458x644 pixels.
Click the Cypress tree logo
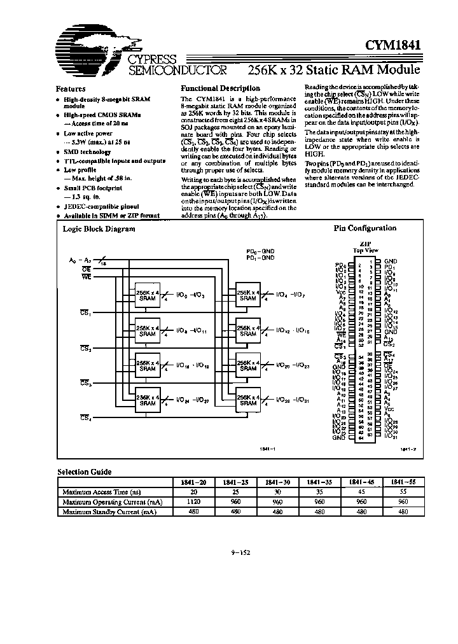pos(89,51)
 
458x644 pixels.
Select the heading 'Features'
pos(71,89)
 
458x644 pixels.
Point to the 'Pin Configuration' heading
pos(365,228)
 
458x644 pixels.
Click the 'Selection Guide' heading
pos(84,472)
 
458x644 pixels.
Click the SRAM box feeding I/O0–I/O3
pos(148,295)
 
